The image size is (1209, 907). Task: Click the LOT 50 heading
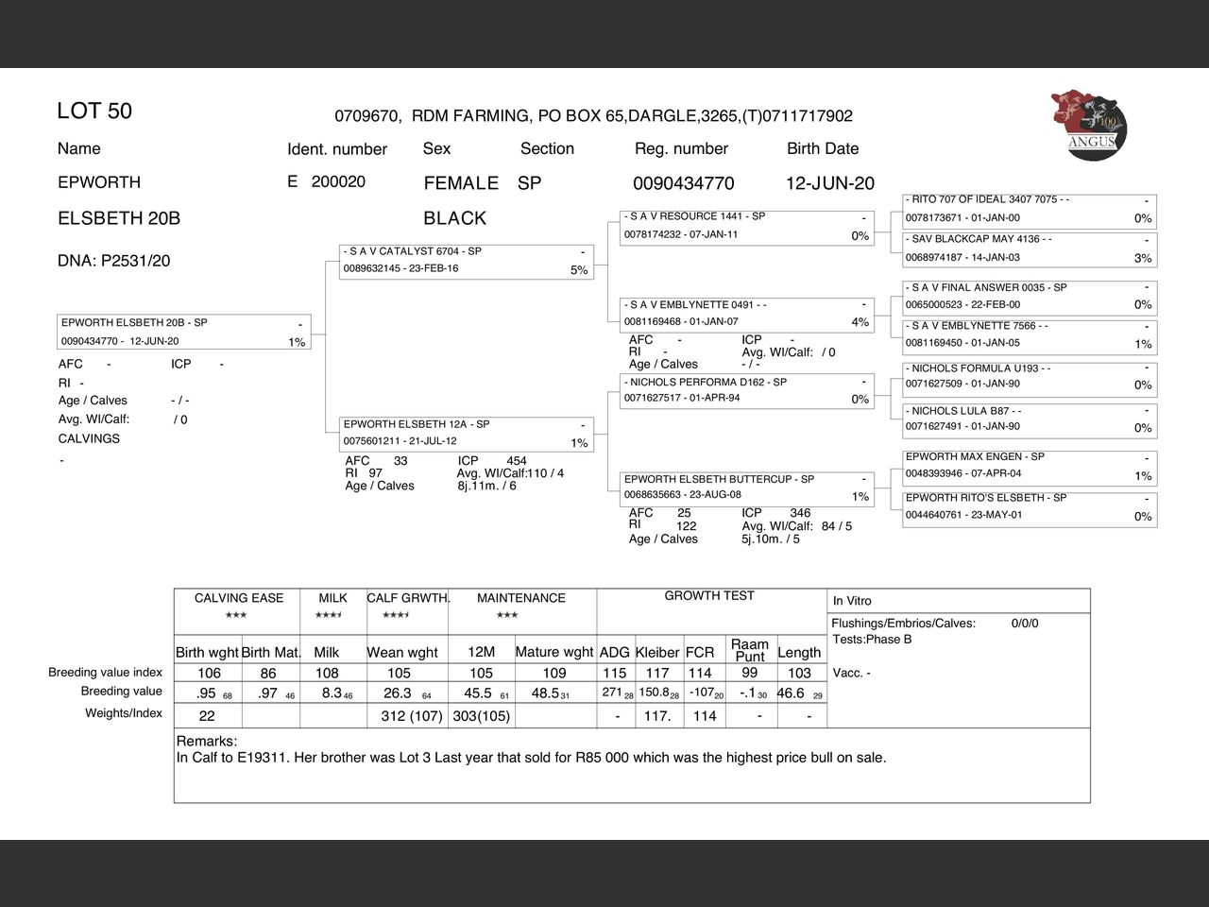[x=94, y=111]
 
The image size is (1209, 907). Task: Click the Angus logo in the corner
[x=1088, y=126]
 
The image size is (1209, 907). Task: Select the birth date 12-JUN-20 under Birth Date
[x=829, y=183]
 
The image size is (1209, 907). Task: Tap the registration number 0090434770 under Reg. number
[x=683, y=183]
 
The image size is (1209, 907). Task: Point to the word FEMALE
[x=461, y=183]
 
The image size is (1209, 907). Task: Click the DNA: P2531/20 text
[x=114, y=261]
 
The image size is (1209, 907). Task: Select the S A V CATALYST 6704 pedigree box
[x=466, y=261]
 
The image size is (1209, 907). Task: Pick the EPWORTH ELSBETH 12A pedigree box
[x=466, y=434]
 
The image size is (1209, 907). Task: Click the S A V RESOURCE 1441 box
[x=747, y=226]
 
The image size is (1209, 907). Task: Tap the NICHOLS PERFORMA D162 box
[x=747, y=391]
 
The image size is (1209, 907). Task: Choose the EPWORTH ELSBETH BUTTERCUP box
[x=747, y=488]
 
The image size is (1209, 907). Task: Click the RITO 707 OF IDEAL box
[x=1029, y=209]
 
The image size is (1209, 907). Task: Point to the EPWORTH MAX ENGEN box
[x=1029, y=466]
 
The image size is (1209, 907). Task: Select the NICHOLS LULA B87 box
[x=1029, y=419]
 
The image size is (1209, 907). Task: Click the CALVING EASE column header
[x=238, y=598]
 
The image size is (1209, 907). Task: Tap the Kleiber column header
[x=657, y=652]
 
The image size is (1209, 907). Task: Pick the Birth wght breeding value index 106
[x=209, y=673]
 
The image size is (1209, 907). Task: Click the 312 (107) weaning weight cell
[x=411, y=716]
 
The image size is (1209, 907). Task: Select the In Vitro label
[x=852, y=601]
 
